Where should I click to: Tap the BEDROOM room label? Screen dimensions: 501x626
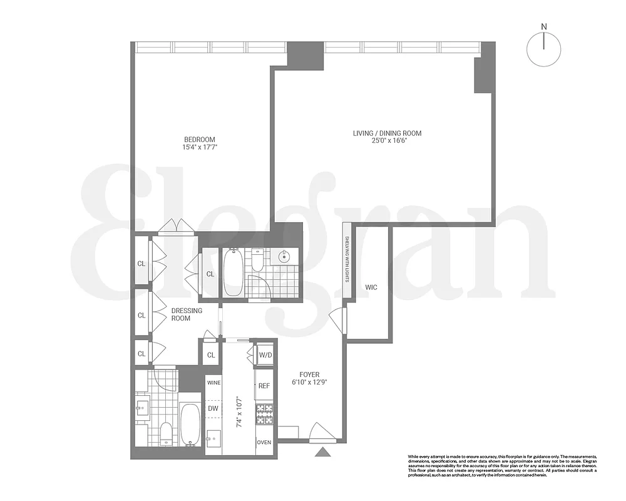(200, 139)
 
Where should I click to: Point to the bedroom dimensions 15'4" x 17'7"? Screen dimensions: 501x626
(200, 148)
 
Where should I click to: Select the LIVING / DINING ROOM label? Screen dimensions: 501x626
(387, 133)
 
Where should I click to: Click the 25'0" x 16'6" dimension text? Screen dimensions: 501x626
(387, 141)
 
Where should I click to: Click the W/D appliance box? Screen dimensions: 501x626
(265, 356)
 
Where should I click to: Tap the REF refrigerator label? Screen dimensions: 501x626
(264, 386)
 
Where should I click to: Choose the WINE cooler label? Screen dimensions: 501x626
(213, 382)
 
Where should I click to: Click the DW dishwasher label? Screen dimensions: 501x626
(213, 408)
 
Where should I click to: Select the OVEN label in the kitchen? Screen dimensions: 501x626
(264, 442)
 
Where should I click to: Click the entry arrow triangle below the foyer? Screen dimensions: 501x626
(323, 452)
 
